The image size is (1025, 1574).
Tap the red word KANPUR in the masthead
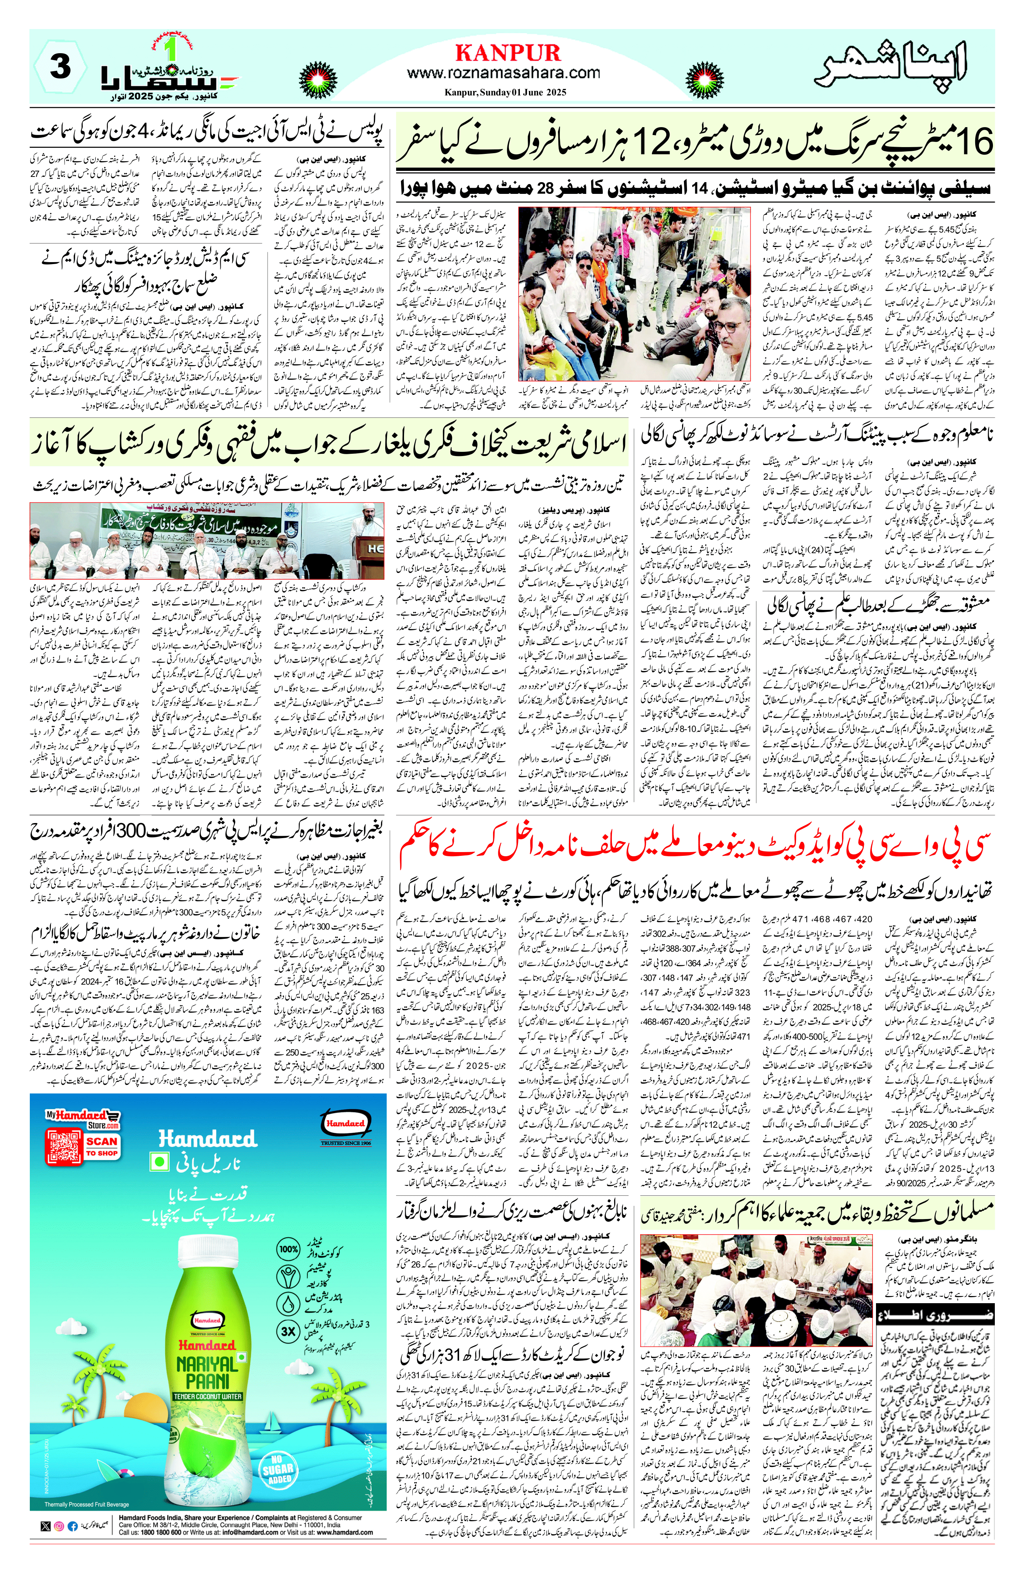(507, 52)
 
